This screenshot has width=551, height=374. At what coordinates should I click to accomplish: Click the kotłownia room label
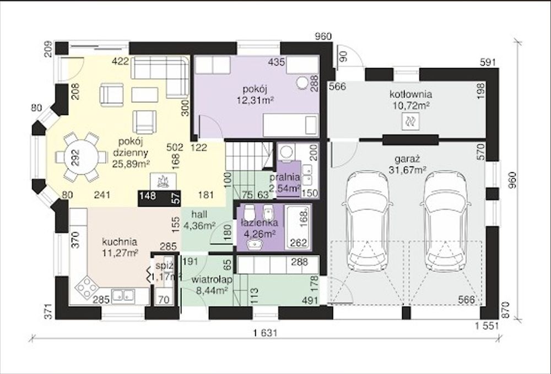click(x=410, y=95)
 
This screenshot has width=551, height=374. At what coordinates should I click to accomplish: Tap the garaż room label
click(x=407, y=159)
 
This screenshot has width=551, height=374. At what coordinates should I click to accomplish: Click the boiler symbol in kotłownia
click(x=410, y=122)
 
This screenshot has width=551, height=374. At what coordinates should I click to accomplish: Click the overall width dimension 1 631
click(x=264, y=333)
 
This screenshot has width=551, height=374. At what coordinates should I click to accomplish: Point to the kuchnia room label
click(x=120, y=242)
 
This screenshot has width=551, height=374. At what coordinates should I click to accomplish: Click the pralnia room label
click(x=285, y=177)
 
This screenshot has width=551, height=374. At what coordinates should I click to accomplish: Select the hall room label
click(x=199, y=214)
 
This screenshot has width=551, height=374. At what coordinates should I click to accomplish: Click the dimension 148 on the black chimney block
click(x=148, y=195)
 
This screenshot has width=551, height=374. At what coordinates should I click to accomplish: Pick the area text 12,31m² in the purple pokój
click(x=256, y=101)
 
